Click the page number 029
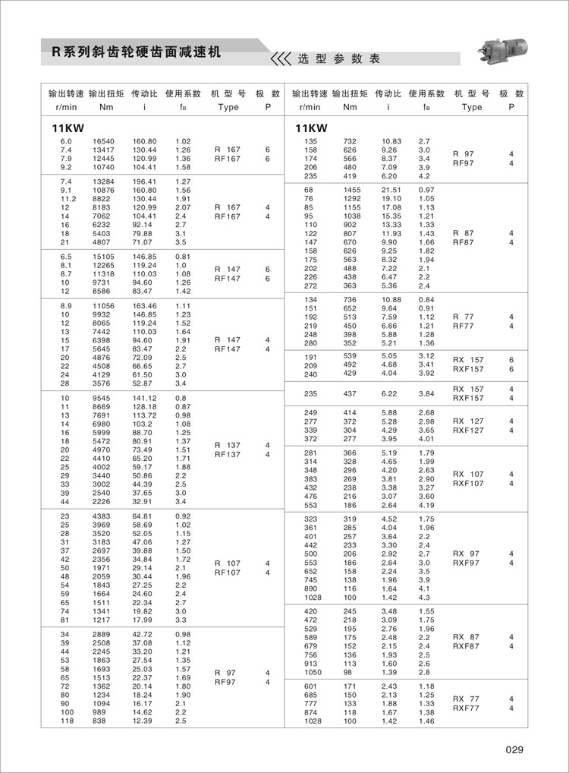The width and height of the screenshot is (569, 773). pyautogui.click(x=514, y=750)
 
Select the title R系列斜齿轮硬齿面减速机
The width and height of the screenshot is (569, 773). pyautogui.click(x=135, y=52)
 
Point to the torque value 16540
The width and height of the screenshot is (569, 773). pyautogui.click(x=103, y=142)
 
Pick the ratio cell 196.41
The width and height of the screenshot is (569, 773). pyautogui.click(x=144, y=181)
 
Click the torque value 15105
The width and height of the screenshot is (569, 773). pyautogui.click(x=103, y=257)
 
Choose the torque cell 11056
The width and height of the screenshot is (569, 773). pyautogui.click(x=103, y=305)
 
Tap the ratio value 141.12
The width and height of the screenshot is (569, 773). pyautogui.click(x=144, y=398)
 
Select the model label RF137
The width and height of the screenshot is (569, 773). pyautogui.click(x=228, y=455)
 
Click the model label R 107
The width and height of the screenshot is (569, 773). pyautogui.click(x=228, y=563)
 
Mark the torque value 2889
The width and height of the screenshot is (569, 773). pyautogui.click(x=103, y=634)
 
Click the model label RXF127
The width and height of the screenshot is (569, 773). pyautogui.click(x=468, y=431)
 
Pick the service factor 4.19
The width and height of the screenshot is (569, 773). pyautogui.click(x=426, y=505)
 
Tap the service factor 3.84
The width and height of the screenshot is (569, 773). pyautogui.click(x=426, y=393)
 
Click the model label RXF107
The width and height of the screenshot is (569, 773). pyautogui.click(x=468, y=483)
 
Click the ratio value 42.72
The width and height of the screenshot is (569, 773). pyautogui.click(x=144, y=634)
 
